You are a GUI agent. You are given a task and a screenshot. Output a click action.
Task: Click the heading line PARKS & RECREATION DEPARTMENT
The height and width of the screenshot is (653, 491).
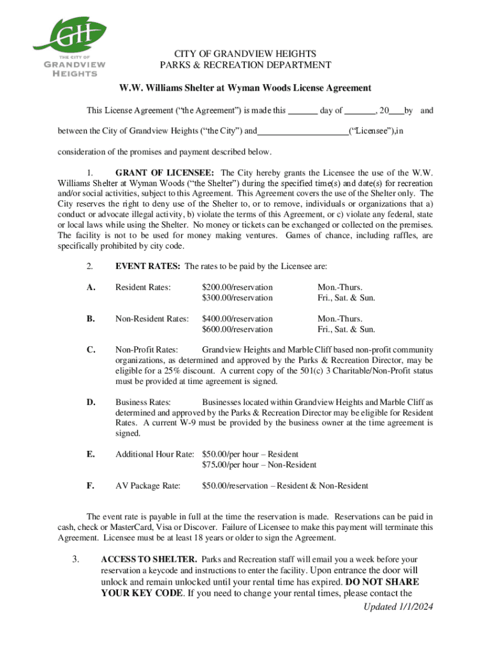[x=245, y=65]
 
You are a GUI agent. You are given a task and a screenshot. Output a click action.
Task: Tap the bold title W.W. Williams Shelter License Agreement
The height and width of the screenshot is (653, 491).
[x=245, y=87]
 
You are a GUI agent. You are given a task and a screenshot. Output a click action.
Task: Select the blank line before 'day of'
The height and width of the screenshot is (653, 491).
[x=303, y=111]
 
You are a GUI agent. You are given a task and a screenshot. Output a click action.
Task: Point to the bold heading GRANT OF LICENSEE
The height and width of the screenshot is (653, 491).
[x=165, y=173]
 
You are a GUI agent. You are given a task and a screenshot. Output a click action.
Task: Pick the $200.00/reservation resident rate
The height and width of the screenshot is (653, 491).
[x=237, y=288]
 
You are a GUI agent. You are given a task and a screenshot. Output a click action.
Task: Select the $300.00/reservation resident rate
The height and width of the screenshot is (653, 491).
[x=237, y=298]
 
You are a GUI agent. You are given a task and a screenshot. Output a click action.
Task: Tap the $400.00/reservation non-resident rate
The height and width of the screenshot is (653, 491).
[x=237, y=319]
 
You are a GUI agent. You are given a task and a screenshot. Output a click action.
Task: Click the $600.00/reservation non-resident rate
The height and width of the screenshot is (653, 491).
[x=237, y=329]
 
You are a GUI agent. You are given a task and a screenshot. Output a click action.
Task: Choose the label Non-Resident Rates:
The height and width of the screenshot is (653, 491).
[x=152, y=319]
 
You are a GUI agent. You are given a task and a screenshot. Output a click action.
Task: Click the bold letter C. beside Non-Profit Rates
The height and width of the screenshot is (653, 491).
[x=91, y=350]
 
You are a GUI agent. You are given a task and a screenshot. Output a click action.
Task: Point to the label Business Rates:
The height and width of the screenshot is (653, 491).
[x=143, y=402]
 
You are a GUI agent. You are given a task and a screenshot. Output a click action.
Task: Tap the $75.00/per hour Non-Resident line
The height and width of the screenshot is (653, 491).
[x=259, y=465]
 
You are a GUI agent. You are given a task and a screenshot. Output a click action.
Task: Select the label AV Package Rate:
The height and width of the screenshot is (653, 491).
[x=147, y=486]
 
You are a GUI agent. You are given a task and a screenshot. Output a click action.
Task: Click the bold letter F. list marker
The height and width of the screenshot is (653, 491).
[x=91, y=486]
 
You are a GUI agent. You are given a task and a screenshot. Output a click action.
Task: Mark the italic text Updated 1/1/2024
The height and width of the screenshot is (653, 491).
[x=398, y=606]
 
